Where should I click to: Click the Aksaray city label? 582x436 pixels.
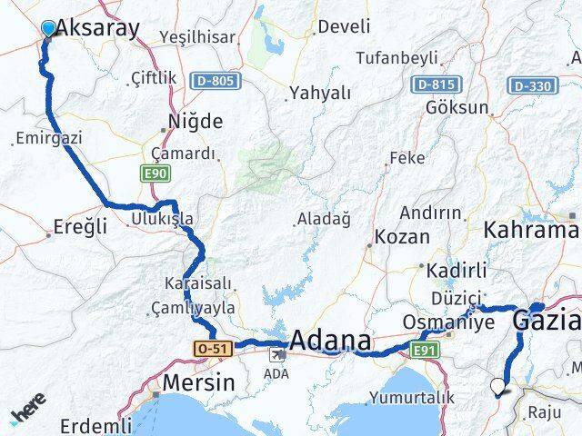(98, 28)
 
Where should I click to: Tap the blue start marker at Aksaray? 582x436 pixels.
(48, 28)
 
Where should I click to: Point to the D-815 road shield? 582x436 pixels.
(433, 85)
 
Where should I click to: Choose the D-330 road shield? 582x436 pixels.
(531, 85)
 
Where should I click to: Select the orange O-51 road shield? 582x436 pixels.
(211, 348)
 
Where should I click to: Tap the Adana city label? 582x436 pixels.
(330, 342)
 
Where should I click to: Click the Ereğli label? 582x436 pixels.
(82, 226)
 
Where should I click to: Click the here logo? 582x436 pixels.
(27, 415)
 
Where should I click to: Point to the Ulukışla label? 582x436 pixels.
(162, 219)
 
